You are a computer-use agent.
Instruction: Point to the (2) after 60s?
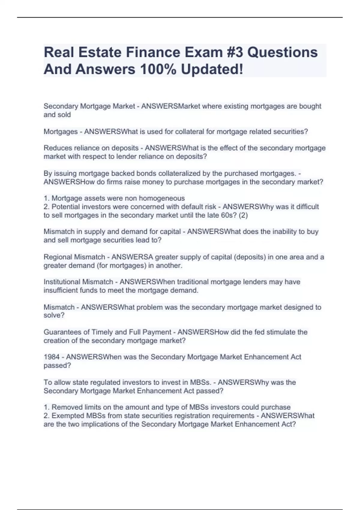point(243,215)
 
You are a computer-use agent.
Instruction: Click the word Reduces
point(56,148)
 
